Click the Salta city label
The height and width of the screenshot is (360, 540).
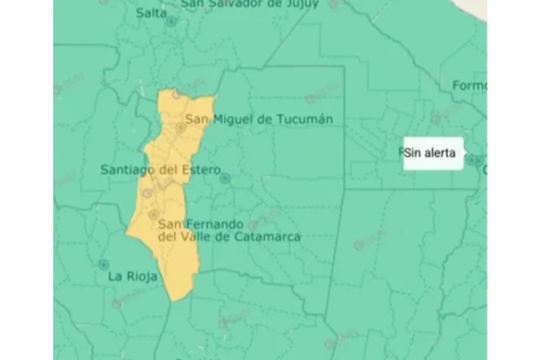[x=151, y=12]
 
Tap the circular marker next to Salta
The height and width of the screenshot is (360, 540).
[x=171, y=21]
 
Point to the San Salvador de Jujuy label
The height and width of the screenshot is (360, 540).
[x=250, y=4]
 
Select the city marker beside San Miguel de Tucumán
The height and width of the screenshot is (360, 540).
[x=181, y=128]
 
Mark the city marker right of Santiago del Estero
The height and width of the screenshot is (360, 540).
[x=225, y=178]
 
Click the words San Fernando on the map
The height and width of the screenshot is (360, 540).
[x=193, y=223]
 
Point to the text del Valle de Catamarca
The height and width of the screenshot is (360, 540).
[x=230, y=236]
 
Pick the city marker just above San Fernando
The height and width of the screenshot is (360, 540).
[x=153, y=214]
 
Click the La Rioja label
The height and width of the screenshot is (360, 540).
[x=132, y=276]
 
